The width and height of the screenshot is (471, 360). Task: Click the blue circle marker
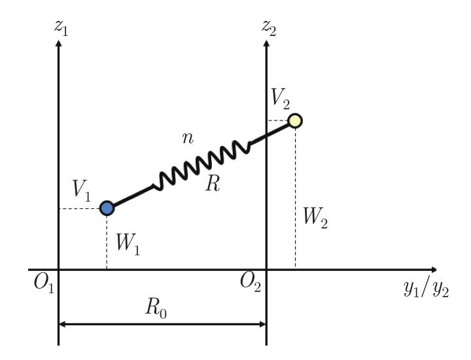[x=107, y=208]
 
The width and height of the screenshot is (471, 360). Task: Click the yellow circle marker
[x=295, y=120]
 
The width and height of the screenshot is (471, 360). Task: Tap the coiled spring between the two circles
[x=201, y=164]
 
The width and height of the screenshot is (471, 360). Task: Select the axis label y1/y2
[x=425, y=290]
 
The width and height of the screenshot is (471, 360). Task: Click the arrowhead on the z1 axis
[x=60, y=45]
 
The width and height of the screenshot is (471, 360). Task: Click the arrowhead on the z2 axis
[x=266, y=44]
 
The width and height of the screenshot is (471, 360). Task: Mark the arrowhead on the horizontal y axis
[x=432, y=270]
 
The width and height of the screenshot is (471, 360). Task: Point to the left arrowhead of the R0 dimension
[x=63, y=323]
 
